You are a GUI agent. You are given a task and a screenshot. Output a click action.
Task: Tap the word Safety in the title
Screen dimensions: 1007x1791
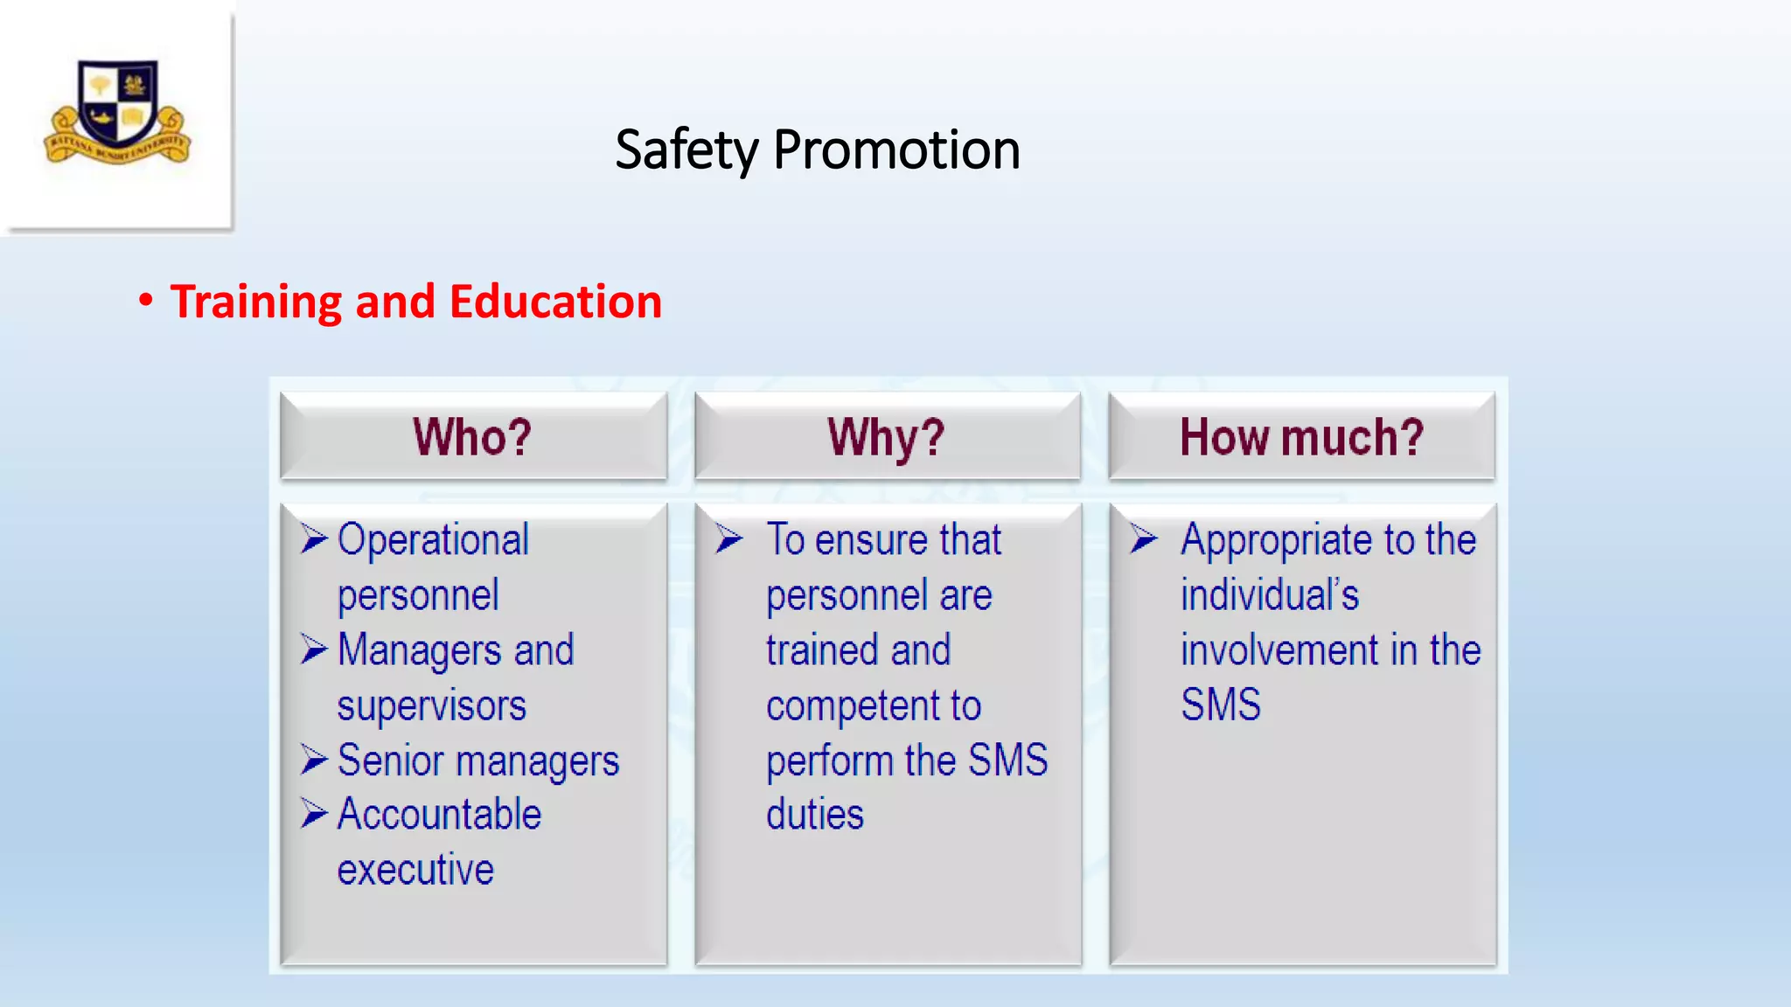[686, 149]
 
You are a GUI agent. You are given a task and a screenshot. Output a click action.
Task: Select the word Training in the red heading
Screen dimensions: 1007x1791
[255, 302]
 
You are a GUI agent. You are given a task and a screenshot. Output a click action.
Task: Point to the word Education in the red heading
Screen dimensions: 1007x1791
[555, 302]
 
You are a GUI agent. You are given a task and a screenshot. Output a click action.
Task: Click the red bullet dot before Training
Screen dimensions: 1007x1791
[146, 300]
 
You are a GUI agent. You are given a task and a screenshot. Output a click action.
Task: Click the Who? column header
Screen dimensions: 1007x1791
[472, 436]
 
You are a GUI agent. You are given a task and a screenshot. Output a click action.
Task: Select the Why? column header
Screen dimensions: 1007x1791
[886, 436]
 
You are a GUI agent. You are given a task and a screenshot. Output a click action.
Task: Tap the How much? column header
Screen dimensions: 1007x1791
[1301, 436]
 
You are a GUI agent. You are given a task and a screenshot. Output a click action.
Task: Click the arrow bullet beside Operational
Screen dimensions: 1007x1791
[314, 538]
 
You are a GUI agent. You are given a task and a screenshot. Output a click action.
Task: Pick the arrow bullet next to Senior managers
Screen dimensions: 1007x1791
[314, 760]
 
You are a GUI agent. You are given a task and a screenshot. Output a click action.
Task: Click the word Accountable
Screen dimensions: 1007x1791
[439, 815]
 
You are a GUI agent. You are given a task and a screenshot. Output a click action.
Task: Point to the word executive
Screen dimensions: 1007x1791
[415, 870]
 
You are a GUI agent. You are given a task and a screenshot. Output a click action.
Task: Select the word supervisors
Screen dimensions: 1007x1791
[431, 705]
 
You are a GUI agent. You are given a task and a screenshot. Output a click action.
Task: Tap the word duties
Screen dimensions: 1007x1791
[814, 815]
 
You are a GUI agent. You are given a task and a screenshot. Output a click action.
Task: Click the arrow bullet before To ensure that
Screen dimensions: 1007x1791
[728, 538]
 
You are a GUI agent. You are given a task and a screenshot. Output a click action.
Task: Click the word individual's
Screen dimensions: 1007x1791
[1269, 595]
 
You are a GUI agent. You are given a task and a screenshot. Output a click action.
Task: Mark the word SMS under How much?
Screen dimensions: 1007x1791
[1220, 705]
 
